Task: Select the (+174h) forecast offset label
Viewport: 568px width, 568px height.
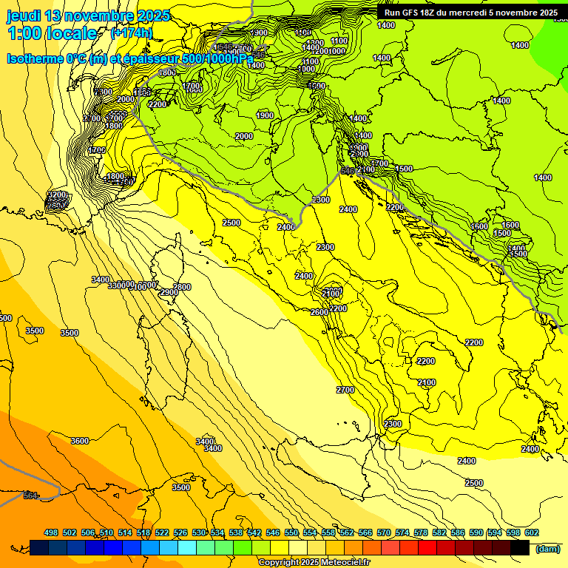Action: (132, 33)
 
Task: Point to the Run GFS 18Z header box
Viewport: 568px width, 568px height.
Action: (467, 12)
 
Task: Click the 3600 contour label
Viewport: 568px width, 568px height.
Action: (79, 441)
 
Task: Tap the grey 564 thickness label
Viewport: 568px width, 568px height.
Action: (30, 496)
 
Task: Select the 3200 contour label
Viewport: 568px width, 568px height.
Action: (57, 195)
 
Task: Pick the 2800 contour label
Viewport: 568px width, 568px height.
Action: (182, 287)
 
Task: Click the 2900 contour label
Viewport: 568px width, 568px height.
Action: (169, 293)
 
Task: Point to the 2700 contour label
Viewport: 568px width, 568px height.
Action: (345, 390)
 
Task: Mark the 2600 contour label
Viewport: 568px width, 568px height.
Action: (319, 312)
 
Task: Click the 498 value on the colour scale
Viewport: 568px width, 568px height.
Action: (51, 532)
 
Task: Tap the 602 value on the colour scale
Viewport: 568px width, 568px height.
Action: (531, 532)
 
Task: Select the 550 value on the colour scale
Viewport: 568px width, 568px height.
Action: (291, 532)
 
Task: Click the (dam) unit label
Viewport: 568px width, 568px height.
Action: (548, 548)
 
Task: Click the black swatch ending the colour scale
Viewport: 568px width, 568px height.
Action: (520, 547)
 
